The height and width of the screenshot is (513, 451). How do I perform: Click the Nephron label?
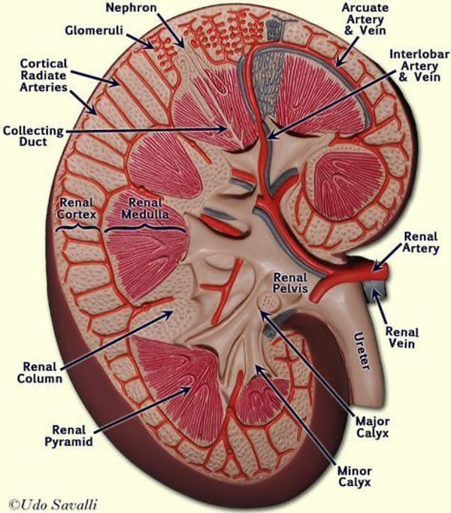point(133,9)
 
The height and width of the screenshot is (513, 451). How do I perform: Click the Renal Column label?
point(37,372)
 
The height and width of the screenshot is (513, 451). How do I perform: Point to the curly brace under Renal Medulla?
point(145,226)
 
